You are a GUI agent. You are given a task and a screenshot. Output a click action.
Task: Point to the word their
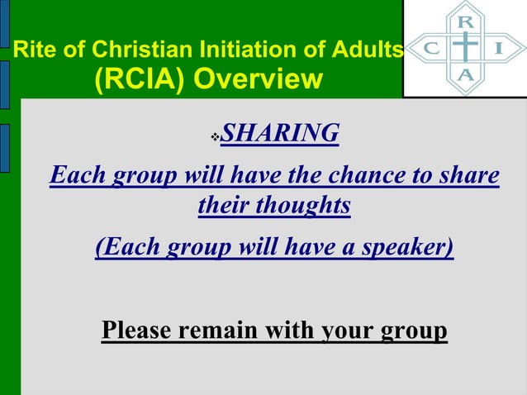tap(223, 206)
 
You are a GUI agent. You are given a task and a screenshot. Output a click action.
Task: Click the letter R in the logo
tap(466, 20)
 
